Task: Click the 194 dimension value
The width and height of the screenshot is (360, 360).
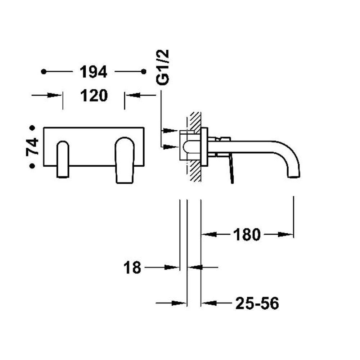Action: pos(94,72)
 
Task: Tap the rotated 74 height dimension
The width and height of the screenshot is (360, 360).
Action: pos(32,147)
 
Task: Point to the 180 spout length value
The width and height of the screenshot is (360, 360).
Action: pos(247,235)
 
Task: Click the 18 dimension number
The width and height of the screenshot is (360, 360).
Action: pos(132,267)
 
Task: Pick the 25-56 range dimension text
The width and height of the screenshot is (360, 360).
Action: pos(257,303)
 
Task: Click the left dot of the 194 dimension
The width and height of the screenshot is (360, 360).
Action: pos(44,72)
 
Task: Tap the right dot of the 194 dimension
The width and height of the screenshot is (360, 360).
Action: pos(144,72)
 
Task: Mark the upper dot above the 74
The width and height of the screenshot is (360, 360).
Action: pos(32,128)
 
